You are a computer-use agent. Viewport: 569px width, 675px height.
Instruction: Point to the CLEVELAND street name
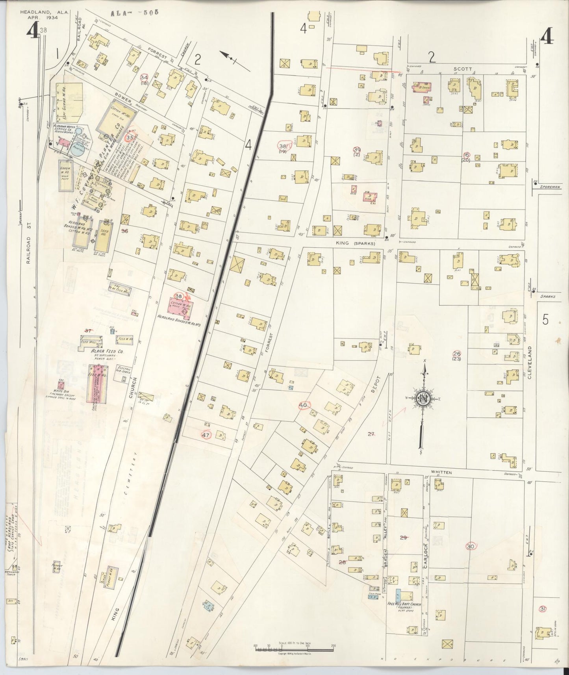[x=530, y=362]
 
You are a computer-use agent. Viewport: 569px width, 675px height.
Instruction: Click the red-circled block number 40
[x=303, y=405]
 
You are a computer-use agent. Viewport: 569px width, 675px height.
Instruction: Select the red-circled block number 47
[x=205, y=435]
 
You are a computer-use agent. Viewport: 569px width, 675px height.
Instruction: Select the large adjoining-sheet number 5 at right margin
[x=545, y=320]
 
